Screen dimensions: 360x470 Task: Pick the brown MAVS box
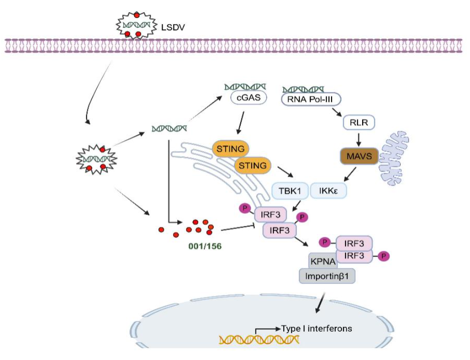359,155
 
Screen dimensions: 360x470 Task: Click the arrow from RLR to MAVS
359,139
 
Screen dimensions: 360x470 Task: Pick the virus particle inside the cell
96,158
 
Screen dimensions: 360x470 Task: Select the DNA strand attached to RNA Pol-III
303,88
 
